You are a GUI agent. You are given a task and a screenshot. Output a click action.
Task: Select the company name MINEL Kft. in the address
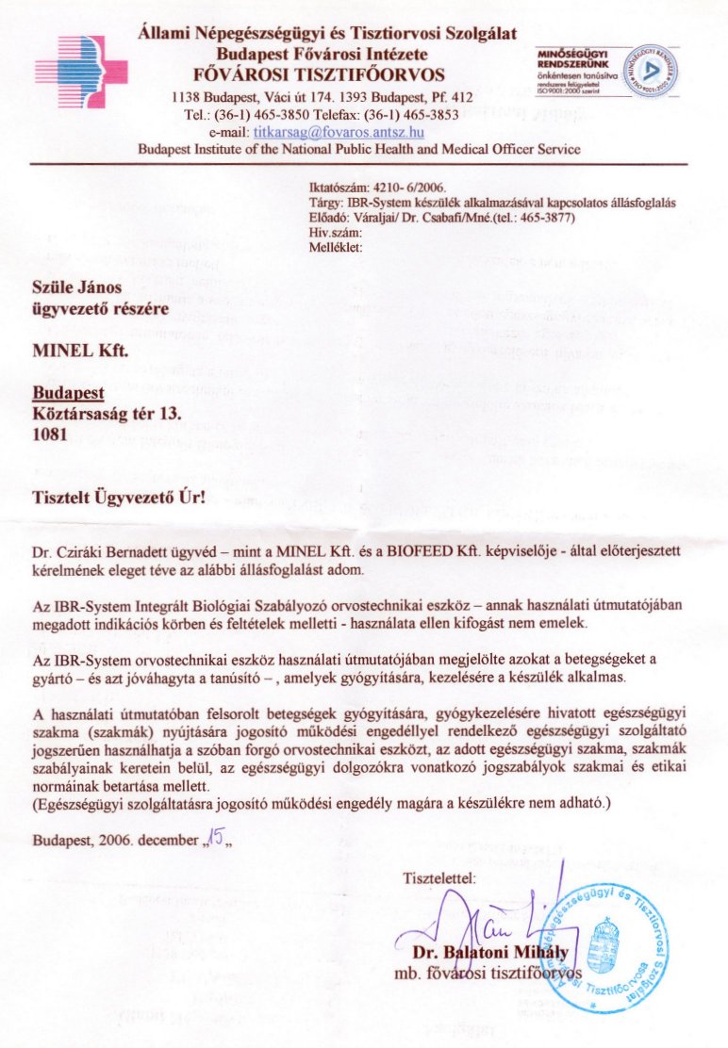coord(79,352)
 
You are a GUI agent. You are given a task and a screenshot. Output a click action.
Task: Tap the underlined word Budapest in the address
coord(68,393)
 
